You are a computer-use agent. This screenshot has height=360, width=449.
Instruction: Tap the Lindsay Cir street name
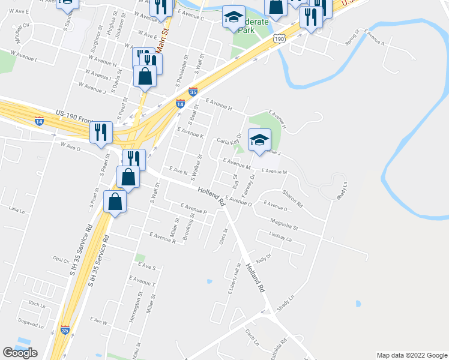point(280,238)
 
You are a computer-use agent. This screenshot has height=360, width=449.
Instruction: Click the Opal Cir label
point(62,260)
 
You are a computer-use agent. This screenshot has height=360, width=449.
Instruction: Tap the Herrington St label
point(134,310)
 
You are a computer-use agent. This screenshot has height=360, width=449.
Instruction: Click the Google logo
point(20,353)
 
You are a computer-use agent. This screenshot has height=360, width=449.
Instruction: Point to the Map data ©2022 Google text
point(411,355)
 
